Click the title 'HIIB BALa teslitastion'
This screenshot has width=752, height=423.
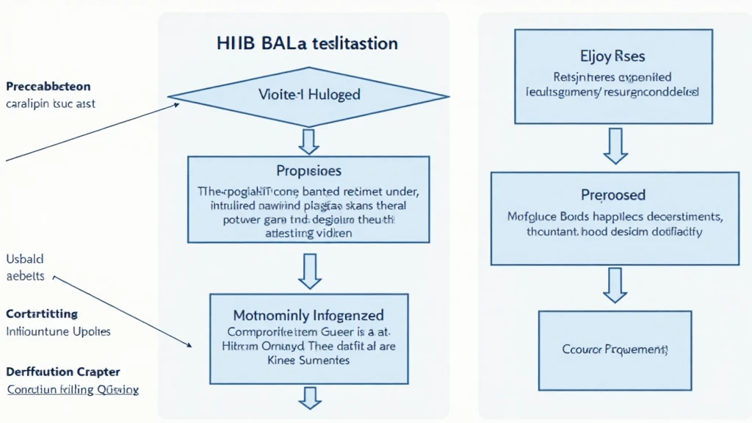pos(308,43)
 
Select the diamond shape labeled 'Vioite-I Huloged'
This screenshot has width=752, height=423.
pos(308,95)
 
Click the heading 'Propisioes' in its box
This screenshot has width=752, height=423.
pos(308,171)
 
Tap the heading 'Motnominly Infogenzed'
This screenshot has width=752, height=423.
pos(308,316)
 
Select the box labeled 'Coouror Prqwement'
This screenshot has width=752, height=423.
pos(615,350)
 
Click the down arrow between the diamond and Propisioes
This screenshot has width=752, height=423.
pos(309,139)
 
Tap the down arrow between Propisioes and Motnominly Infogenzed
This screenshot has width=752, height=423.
pos(309,271)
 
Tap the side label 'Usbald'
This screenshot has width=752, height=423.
pos(25,260)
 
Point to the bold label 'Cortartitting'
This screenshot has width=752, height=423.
pos(42,314)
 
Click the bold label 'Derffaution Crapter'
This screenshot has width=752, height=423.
pos(63,372)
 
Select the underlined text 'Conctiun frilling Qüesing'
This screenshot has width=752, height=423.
pos(73,390)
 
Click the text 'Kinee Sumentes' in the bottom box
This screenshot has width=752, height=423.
pos(308,361)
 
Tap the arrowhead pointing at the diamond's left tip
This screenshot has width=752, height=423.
pos(176,105)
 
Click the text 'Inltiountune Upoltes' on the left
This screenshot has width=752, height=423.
pos(58,331)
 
